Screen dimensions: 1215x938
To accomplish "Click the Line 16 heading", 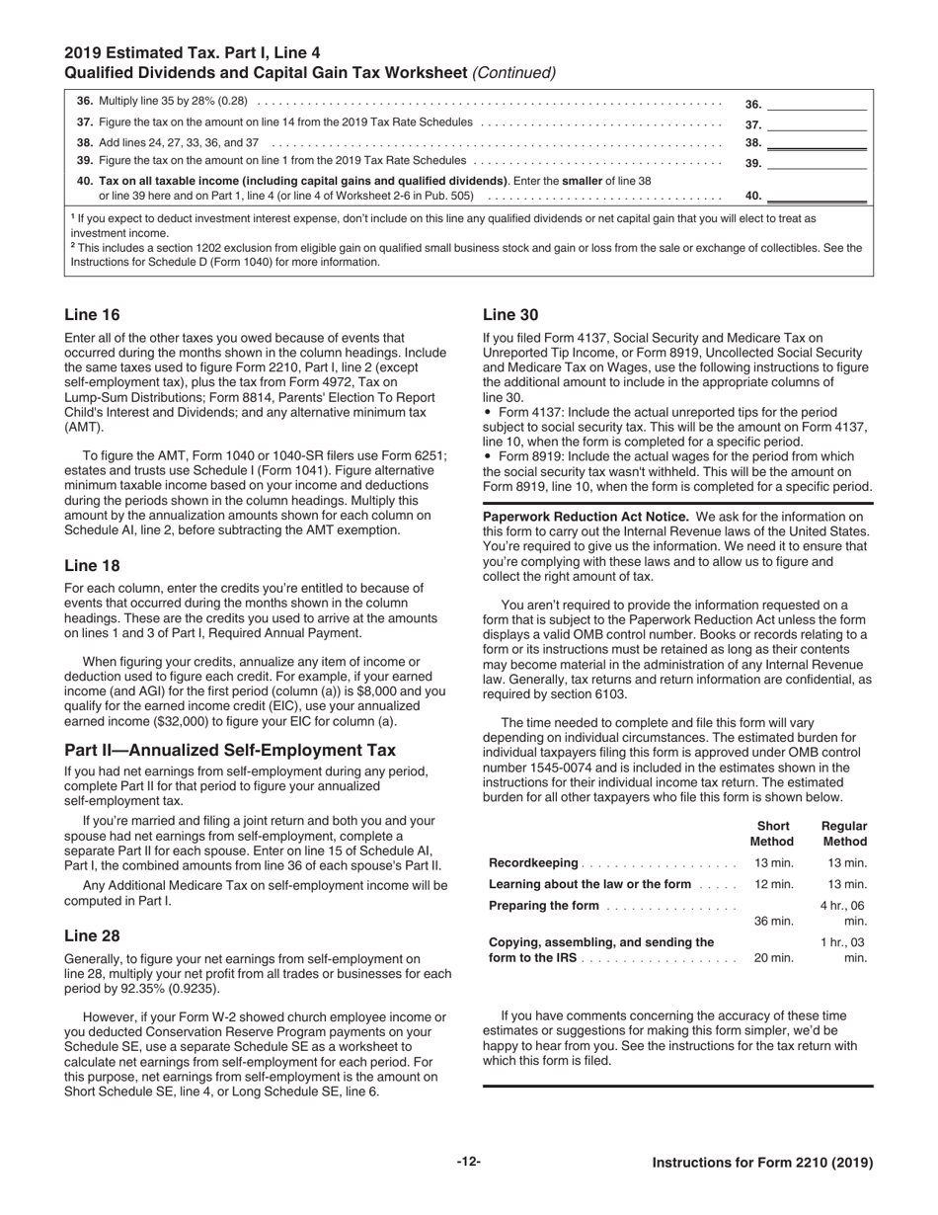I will coord(92,315).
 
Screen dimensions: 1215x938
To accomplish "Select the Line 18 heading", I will coord(92,566).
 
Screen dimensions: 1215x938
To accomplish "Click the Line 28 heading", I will coord(92,935).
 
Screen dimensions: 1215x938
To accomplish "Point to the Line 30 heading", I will coord(510,315).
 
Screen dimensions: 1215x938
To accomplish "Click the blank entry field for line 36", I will coord(817,104).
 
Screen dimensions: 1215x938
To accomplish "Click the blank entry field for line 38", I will coord(817,142).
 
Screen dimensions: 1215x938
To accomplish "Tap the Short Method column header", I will coord(772,834).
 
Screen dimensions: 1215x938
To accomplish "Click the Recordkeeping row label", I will coord(534,863).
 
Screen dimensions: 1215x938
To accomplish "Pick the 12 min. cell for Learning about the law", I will coord(773,884).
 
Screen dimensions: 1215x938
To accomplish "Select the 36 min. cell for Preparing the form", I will coord(773,921).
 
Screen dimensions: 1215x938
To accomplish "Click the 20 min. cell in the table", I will coord(773,958).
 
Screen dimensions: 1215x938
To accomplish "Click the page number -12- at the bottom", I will coord(469,1163).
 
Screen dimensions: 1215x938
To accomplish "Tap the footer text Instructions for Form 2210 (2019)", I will coord(762,1163).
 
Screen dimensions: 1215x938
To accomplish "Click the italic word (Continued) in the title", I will coord(514,72).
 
